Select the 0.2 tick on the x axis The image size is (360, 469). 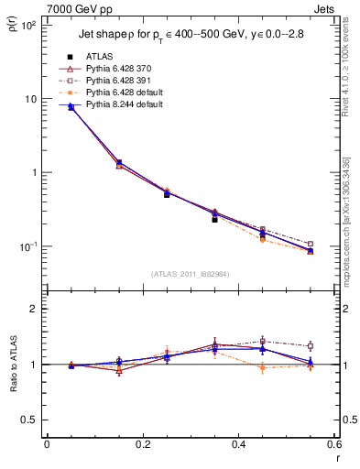(x=143, y=444)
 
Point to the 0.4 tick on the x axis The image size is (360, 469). (x=239, y=444)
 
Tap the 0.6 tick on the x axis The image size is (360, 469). (x=335, y=444)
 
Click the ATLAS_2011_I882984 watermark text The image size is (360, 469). (x=190, y=274)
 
